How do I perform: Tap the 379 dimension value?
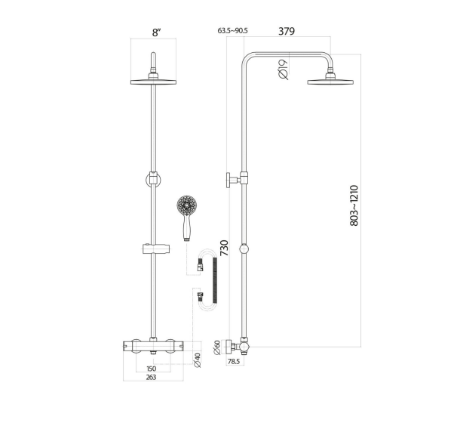[286, 31]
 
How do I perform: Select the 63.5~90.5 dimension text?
[233, 32]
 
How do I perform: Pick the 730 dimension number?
[223, 249]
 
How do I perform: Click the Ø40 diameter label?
[198, 360]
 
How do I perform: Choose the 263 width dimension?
[151, 377]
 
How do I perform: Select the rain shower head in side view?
[330, 80]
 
